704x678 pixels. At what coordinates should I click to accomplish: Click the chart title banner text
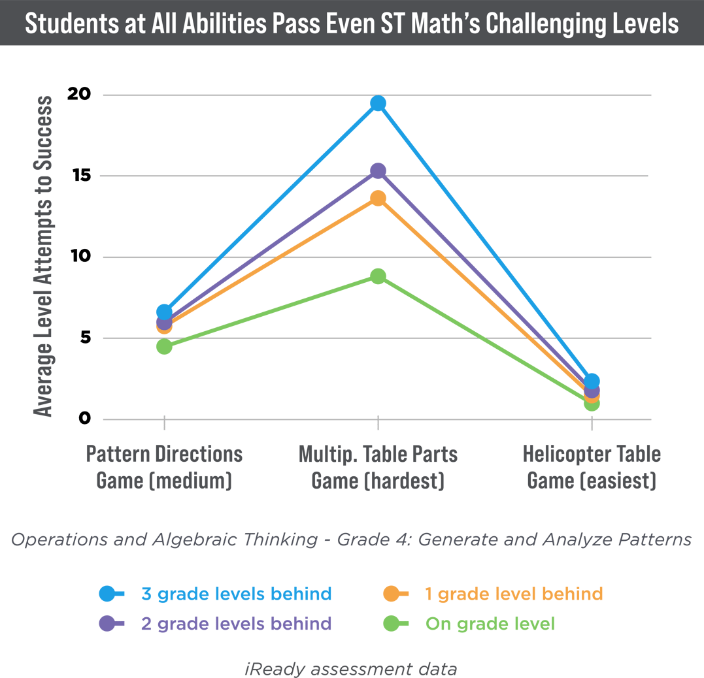[352, 24]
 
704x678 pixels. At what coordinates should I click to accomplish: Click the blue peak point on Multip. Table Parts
[378, 103]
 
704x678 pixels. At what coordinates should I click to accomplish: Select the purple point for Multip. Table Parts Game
[378, 170]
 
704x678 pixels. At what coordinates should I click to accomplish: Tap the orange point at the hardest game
[378, 198]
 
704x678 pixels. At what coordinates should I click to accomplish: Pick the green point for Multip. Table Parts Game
[378, 276]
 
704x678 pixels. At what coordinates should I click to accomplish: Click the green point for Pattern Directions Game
[164, 346]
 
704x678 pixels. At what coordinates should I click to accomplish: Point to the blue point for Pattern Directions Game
[164, 312]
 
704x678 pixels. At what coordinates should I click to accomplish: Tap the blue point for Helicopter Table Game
[592, 381]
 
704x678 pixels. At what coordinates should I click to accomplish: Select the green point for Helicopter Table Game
[592, 403]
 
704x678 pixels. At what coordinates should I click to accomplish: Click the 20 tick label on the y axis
[80, 94]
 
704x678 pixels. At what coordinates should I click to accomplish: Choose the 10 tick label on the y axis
[80, 257]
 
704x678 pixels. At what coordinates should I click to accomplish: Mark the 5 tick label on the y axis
[84, 338]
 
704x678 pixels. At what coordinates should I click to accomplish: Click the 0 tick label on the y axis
[84, 418]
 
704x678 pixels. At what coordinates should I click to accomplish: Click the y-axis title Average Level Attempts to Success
[44, 256]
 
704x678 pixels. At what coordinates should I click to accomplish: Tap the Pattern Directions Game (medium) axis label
[164, 467]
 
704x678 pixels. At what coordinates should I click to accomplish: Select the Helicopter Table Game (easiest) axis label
[592, 467]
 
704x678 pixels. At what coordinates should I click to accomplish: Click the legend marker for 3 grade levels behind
[109, 594]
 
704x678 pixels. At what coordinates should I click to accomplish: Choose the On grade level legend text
[490, 624]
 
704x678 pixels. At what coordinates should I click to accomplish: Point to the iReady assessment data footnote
[351, 669]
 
